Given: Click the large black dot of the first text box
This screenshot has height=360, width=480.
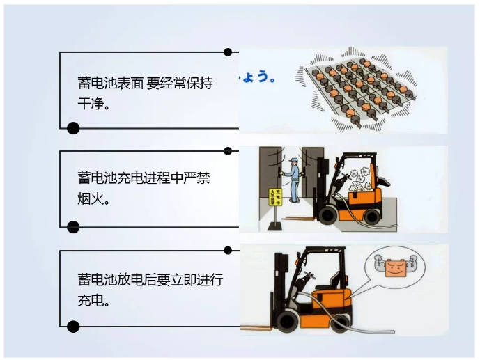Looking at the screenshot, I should click(73, 128).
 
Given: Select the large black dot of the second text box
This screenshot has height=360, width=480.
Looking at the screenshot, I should click(73, 227).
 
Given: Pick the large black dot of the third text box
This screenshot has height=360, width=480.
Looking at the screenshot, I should click(73, 327).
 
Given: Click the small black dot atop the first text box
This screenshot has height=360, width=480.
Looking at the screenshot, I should click(228, 52).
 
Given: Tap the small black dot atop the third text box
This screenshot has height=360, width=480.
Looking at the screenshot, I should click(228, 250).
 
